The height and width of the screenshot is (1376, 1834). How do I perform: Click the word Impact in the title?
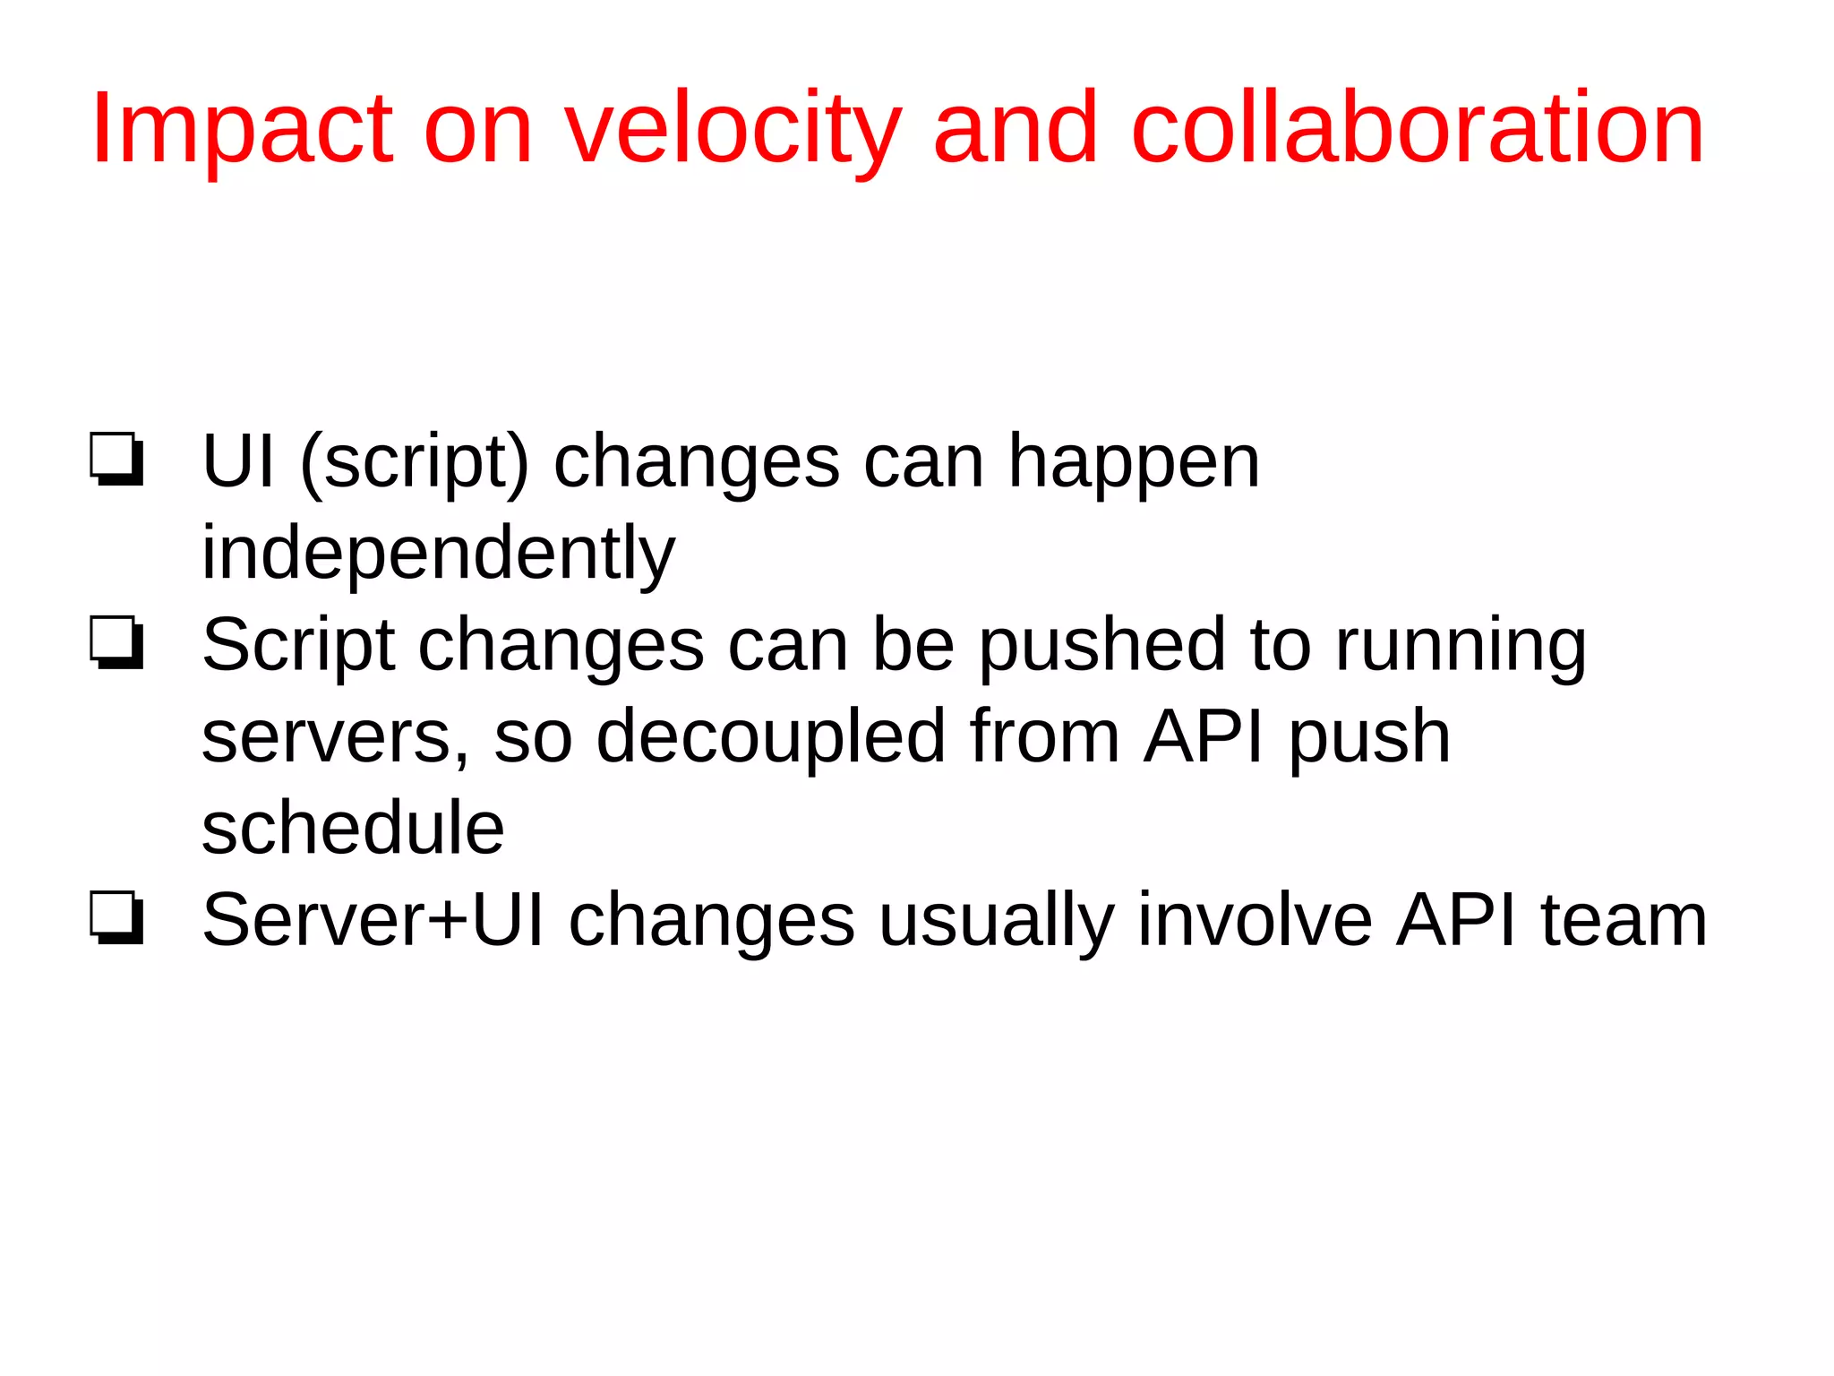[x=242, y=130]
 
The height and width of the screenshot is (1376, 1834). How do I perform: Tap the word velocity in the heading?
[x=733, y=130]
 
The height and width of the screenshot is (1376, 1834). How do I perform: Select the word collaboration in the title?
[x=1417, y=130]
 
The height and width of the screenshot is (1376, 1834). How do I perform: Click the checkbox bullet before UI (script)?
[x=116, y=460]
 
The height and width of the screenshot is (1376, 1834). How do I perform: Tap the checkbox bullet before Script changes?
[x=116, y=643]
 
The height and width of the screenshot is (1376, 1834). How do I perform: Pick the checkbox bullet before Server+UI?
[x=116, y=918]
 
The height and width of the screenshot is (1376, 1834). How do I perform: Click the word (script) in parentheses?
[x=414, y=463]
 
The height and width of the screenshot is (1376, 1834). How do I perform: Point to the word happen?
[x=1134, y=463]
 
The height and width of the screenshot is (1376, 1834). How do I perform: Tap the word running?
[x=1461, y=647]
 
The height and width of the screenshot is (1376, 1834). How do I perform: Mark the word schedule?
[x=353, y=830]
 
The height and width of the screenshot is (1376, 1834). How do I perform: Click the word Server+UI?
[x=373, y=921]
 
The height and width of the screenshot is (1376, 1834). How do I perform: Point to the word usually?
[x=996, y=923]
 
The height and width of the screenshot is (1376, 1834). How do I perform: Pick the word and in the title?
[x=1015, y=130]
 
